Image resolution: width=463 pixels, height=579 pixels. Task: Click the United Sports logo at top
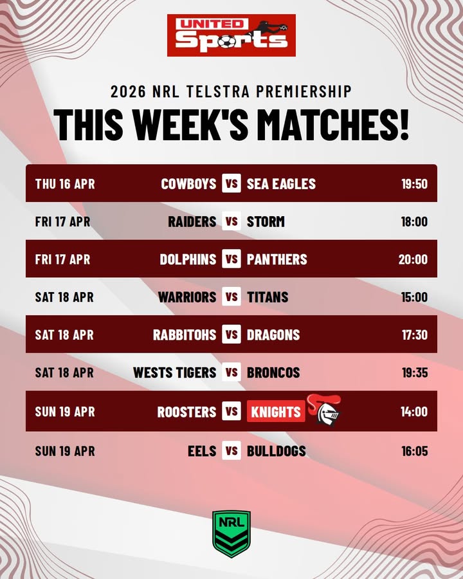[232, 35]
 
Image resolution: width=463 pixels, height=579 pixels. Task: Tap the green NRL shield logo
[232, 534]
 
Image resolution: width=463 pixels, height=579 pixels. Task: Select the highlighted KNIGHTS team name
[276, 412]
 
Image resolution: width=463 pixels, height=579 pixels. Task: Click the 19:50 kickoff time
[414, 184]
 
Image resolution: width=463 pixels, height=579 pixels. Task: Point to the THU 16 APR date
[65, 184]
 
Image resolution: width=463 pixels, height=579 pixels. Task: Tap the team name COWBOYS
[188, 184]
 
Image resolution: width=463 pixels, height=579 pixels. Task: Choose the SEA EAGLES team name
[281, 184]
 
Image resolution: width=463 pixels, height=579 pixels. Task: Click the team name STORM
[266, 222]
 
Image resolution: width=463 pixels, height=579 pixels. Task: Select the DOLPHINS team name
[188, 259]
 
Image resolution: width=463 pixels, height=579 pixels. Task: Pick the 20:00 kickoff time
[413, 259]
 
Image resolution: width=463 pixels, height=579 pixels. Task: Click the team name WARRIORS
[187, 297]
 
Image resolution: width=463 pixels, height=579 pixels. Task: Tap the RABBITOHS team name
[185, 335]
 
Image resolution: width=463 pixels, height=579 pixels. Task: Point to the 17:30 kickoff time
[414, 335]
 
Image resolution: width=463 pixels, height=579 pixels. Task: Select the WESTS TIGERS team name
[175, 372]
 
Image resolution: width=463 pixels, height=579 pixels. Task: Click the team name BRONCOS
[273, 372]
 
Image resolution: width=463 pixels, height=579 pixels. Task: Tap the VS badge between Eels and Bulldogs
[232, 451]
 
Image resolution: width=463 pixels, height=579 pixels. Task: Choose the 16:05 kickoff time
[414, 451]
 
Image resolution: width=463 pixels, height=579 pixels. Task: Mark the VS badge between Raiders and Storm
[232, 222]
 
